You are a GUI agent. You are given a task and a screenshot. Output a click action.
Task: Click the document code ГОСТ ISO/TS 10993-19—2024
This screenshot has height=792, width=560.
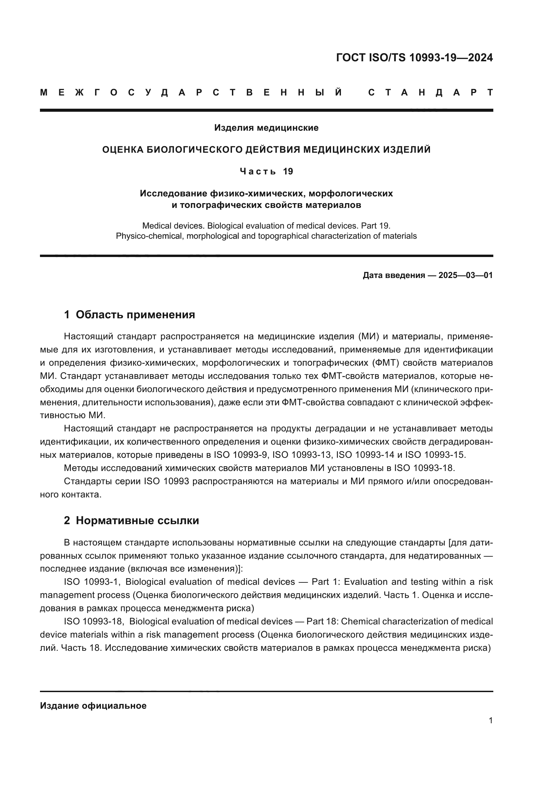point(414,58)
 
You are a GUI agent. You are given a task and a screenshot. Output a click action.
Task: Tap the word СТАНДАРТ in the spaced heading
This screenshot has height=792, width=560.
point(430,92)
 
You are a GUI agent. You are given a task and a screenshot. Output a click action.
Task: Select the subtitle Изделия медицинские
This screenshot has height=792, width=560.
point(266,128)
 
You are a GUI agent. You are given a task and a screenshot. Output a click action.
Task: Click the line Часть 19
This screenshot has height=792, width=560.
point(266,171)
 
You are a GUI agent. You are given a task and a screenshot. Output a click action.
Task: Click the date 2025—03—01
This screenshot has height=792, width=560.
point(466,275)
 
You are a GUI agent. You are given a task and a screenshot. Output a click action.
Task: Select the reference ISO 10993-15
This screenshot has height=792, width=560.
point(435,455)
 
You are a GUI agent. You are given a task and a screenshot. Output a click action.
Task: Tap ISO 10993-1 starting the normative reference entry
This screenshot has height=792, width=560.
point(91,582)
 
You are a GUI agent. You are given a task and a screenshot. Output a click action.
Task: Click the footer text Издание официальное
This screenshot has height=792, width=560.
point(93,705)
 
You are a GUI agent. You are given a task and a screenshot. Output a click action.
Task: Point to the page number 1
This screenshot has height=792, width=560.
point(490,720)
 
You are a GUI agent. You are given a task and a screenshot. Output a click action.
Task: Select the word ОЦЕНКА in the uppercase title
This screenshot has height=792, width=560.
point(123,149)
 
